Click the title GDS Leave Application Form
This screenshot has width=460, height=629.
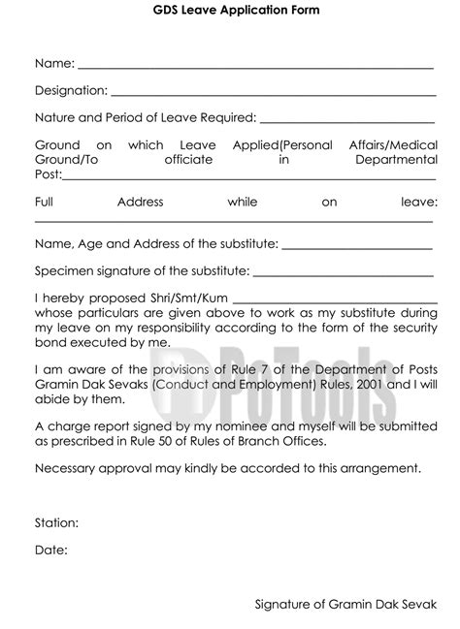pos(229,10)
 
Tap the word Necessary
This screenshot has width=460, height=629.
pos(67,468)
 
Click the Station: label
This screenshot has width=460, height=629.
pos(57,522)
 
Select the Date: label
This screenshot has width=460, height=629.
pos(50,550)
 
